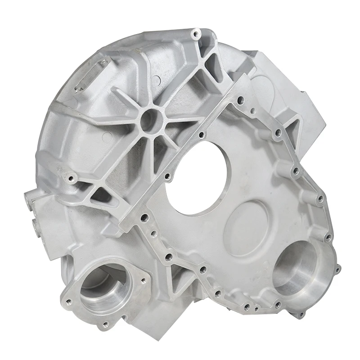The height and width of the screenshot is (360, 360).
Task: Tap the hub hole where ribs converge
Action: click(x=148, y=118)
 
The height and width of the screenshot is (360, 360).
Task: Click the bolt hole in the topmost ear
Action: click(x=194, y=34)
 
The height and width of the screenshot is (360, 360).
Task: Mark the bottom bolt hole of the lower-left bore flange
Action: click(x=106, y=324)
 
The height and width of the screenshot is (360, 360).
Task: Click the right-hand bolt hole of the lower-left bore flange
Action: click(x=143, y=281)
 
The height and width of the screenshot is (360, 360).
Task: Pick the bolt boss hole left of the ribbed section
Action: click(x=71, y=179)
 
